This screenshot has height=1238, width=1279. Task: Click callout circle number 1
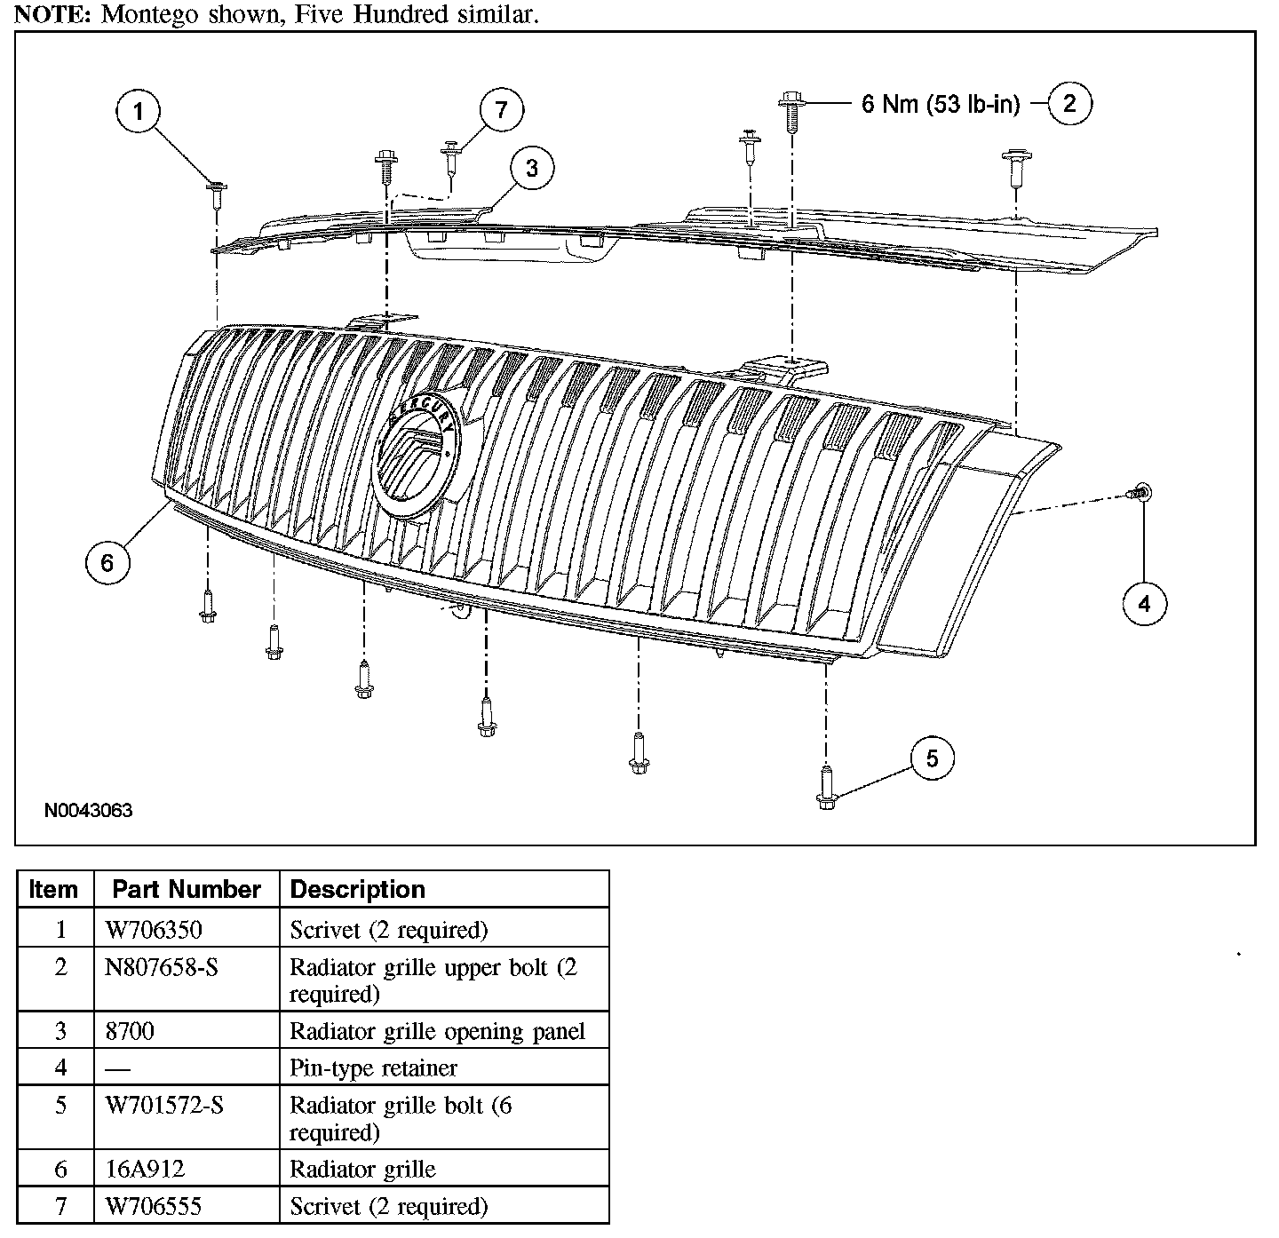139,112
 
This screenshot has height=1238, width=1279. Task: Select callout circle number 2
1069,104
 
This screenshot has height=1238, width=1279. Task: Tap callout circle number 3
531,168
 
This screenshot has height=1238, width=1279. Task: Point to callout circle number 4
1144,604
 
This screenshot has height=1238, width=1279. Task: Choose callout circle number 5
932,758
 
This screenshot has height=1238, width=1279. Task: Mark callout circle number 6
107,562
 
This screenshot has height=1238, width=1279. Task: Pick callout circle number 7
502,110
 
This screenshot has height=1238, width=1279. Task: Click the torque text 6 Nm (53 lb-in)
940,105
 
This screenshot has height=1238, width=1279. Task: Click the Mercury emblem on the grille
415,454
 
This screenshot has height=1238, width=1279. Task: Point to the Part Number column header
187,890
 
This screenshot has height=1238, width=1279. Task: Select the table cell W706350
154,930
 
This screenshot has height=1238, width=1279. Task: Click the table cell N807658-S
161,967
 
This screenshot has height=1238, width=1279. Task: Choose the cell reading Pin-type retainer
373,1067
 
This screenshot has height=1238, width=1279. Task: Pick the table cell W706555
154,1206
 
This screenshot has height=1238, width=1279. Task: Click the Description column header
358,890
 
